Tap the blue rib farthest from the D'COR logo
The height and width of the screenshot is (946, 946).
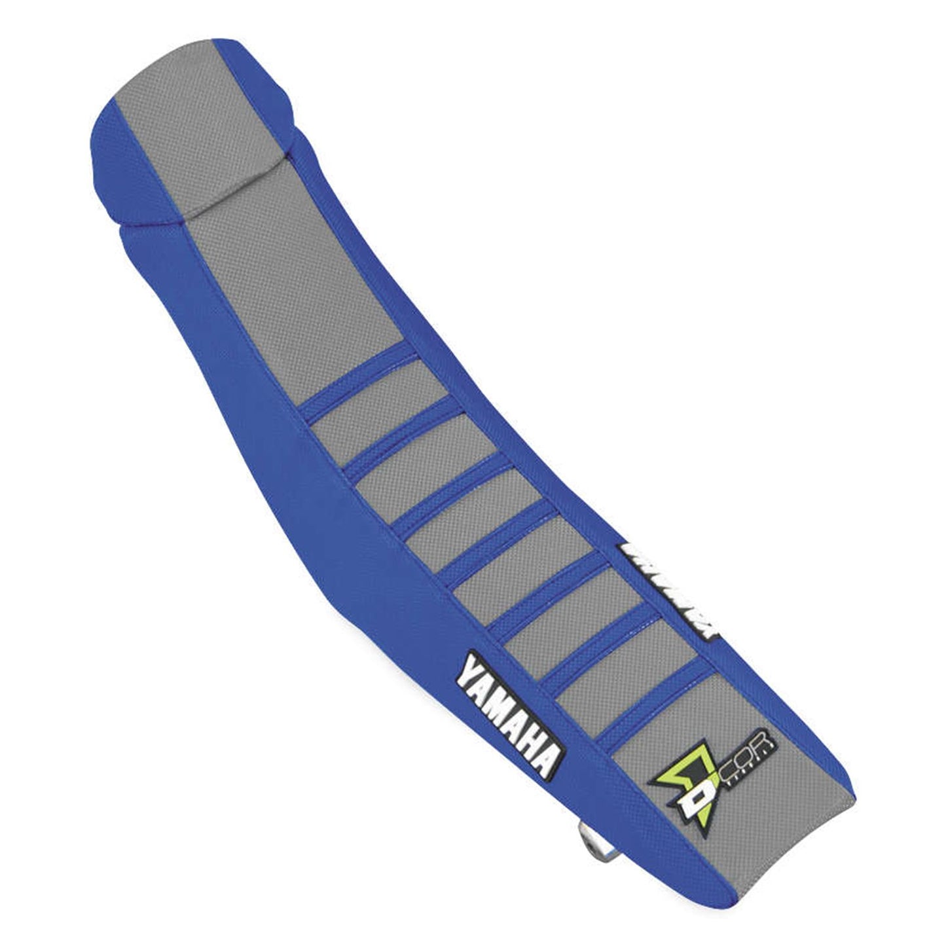[x=357, y=371]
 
